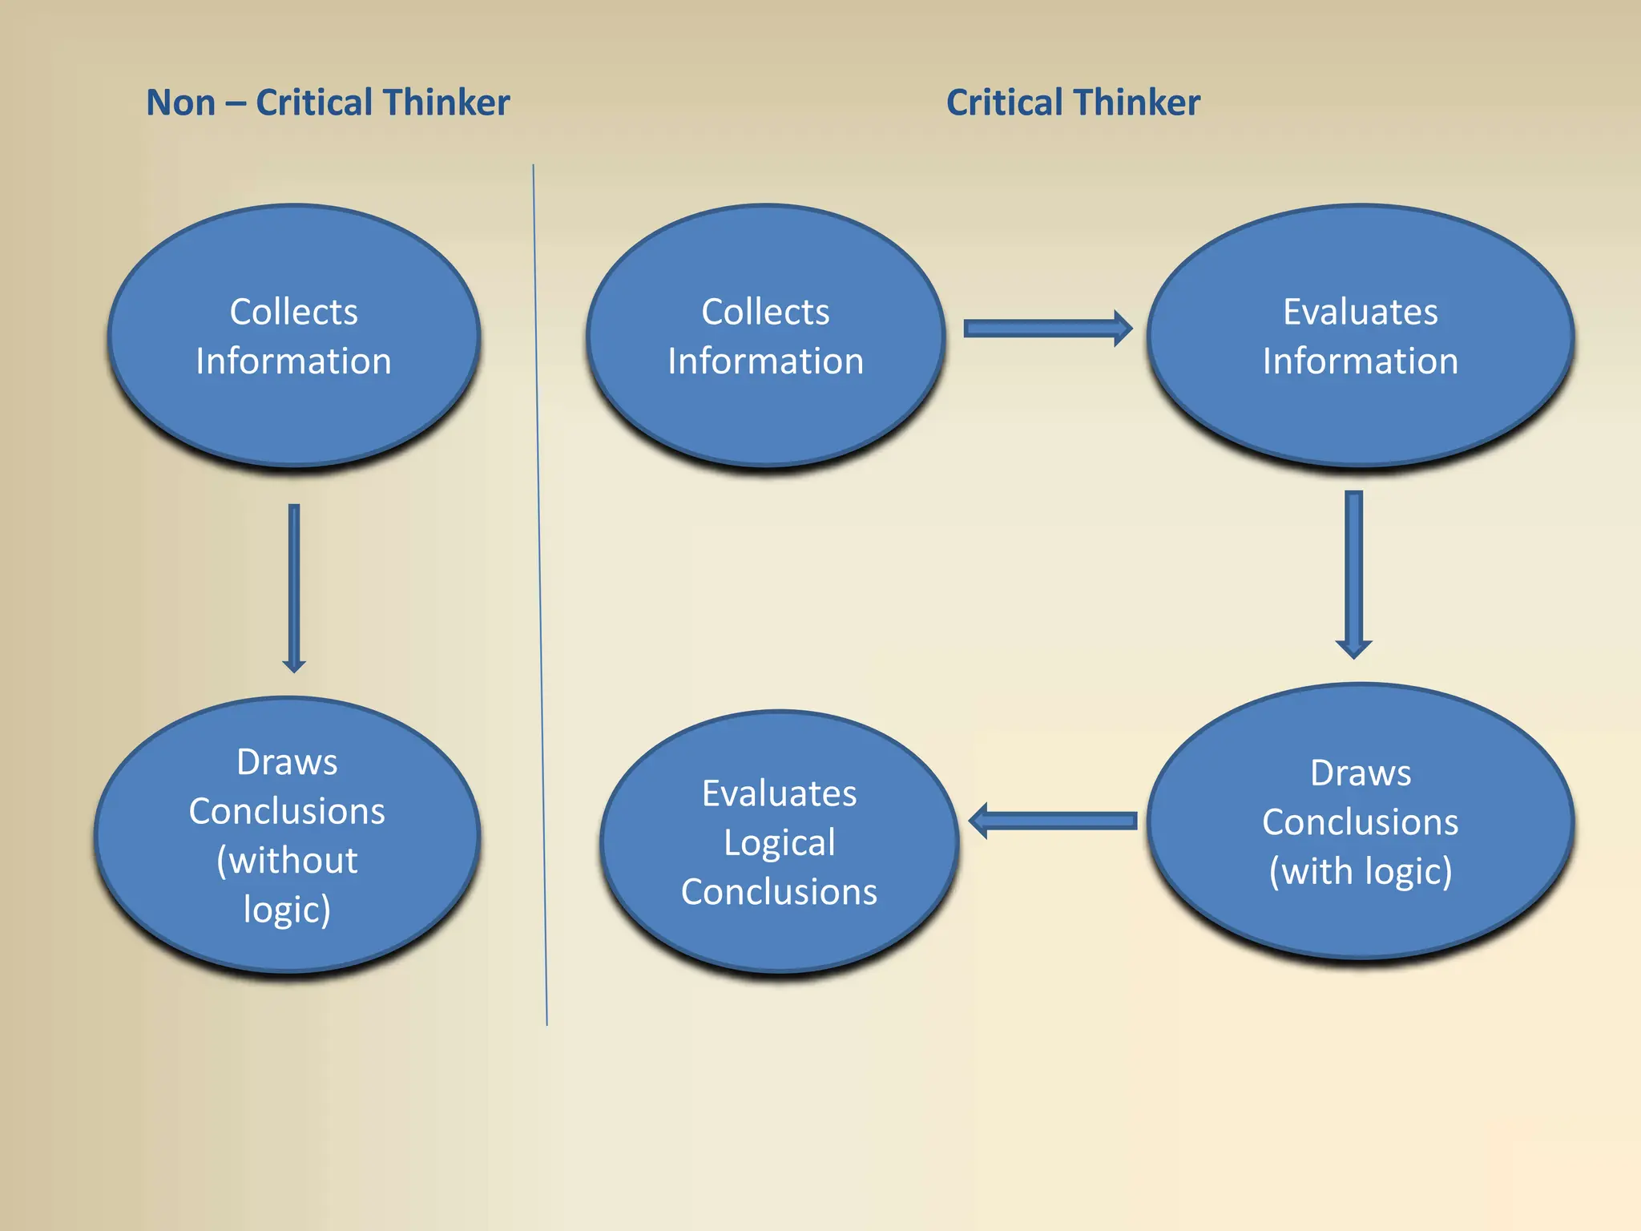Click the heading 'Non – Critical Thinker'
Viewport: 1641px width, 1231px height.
click(328, 103)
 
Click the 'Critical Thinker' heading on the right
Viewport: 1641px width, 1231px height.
click(1073, 103)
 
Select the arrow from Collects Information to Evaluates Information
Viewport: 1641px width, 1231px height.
click(1046, 329)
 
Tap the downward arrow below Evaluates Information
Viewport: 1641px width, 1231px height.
click(1353, 574)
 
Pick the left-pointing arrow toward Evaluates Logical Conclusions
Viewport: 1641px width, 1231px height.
click(1053, 821)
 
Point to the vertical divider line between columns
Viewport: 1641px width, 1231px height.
click(539, 593)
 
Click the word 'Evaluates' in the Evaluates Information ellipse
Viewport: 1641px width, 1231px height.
click(1360, 312)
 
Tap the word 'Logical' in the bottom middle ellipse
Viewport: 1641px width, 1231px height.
click(779, 843)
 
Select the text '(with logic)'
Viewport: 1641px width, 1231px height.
click(1360, 872)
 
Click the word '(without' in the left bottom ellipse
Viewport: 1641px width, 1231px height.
click(287, 861)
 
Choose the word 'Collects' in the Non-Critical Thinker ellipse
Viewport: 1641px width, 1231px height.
click(293, 312)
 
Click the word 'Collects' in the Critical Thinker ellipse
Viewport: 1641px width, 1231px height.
click(765, 312)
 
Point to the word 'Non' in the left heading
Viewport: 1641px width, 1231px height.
click(181, 103)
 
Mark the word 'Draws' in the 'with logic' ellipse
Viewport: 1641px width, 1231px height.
click(1360, 773)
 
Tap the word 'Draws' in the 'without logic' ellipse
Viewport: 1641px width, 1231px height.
click(287, 762)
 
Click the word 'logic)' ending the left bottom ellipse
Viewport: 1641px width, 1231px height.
click(287, 910)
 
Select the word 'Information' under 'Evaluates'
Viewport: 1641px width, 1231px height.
click(1360, 361)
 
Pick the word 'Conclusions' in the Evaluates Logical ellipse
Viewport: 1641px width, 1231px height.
click(779, 892)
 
